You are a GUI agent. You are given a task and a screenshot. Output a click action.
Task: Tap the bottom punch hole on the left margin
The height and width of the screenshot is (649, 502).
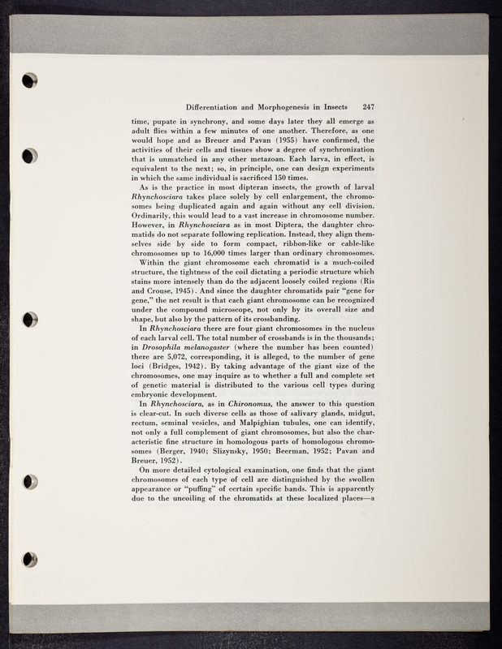[x=30, y=559]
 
